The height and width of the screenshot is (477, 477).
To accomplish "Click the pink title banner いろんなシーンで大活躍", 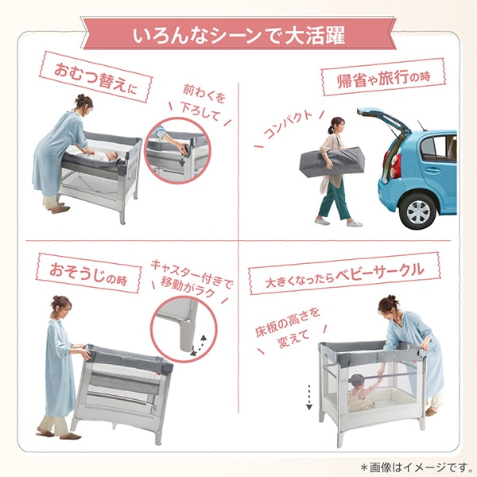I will [x=238, y=37].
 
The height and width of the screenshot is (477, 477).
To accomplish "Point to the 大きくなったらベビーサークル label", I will [x=344, y=274].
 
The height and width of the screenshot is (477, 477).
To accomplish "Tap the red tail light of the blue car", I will [x=396, y=166].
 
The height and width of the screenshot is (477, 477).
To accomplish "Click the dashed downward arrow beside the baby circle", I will [x=308, y=397].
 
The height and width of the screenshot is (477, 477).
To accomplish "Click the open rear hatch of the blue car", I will [x=385, y=120].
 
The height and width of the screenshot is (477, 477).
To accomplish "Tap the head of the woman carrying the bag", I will [x=337, y=126].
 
